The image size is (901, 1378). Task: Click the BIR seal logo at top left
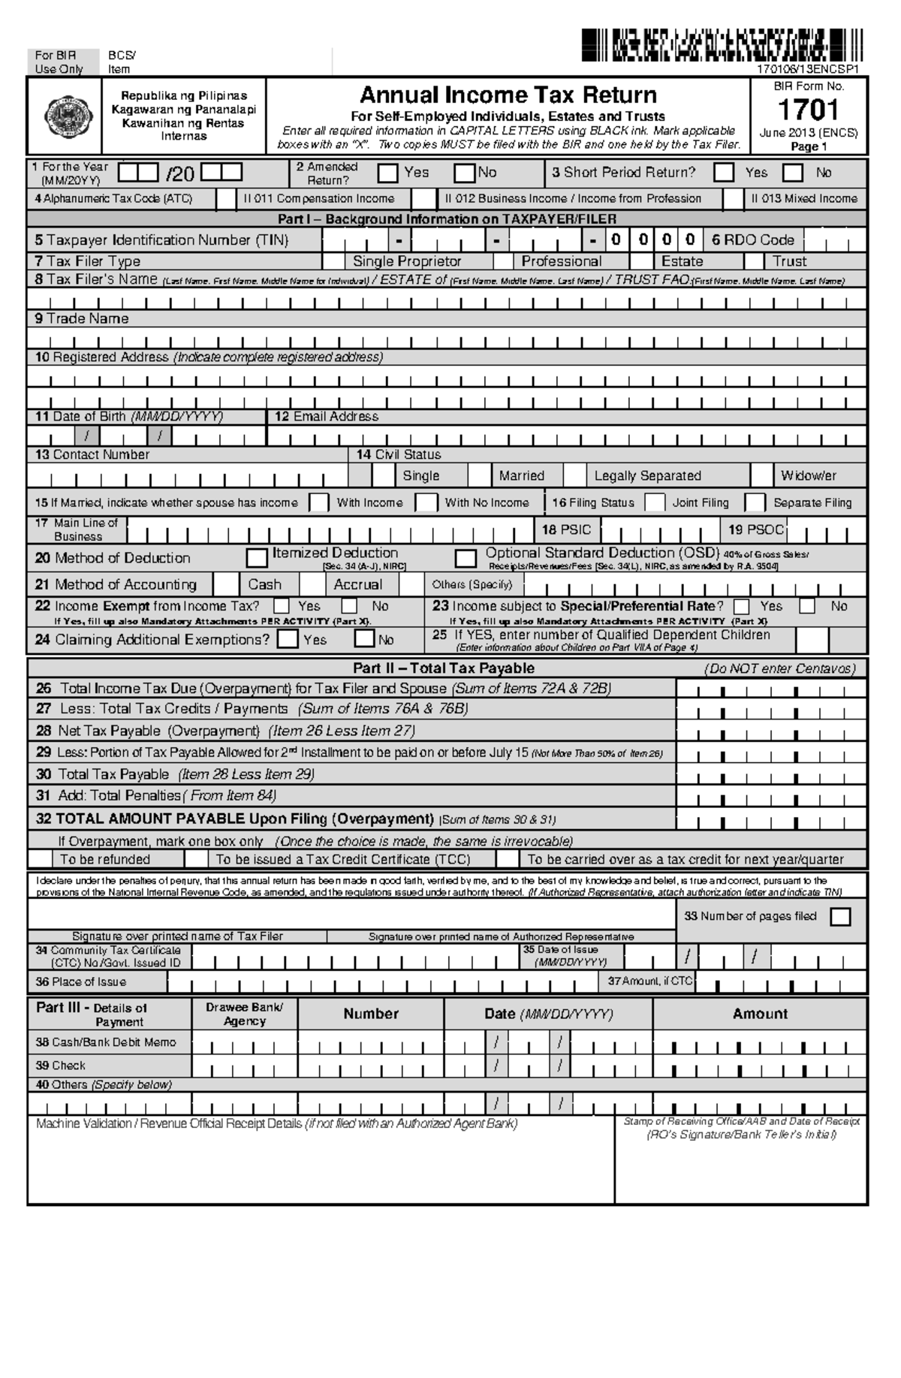pyautogui.click(x=64, y=118)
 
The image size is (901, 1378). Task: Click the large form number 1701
pyautogui.click(x=808, y=110)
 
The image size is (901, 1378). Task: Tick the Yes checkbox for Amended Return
pyautogui.click(x=387, y=173)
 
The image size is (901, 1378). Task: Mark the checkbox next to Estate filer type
pyautogui.click(x=640, y=261)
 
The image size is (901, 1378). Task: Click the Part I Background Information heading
pyautogui.click(x=447, y=219)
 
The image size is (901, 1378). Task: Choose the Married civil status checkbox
pyautogui.click(x=479, y=475)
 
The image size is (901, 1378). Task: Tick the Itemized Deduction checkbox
pyautogui.click(x=257, y=558)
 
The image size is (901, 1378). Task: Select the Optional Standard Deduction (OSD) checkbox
pyautogui.click(x=466, y=558)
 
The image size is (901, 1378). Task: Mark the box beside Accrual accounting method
pyautogui.click(x=312, y=584)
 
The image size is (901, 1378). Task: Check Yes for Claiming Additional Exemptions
pyautogui.click(x=288, y=640)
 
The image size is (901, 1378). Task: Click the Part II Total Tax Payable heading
pyautogui.click(x=444, y=668)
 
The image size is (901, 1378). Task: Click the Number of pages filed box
pyautogui.click(x=840, y=917)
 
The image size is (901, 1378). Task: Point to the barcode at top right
pyautogui.click(x=721, y=46)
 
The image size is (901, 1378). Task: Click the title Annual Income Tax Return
pyautogui.click(x=508, y=95)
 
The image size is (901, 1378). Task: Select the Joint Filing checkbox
pyautogui.click(x=655, y=502)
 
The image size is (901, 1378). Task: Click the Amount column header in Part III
pyautogui.click(x=760, y=1014)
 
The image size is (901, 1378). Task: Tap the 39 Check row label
pyautogui.click(x=61, y=1066)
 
